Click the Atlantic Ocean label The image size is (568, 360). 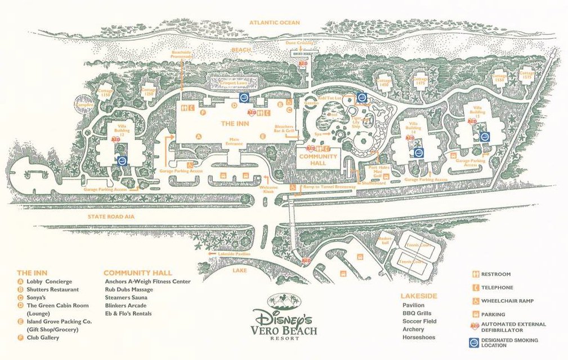pos(275,22)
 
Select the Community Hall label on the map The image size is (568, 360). pos(317,159)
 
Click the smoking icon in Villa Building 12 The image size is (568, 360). pos(122,160)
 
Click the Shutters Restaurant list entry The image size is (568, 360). pos(48,289)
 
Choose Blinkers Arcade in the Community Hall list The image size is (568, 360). pos(126,305)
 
